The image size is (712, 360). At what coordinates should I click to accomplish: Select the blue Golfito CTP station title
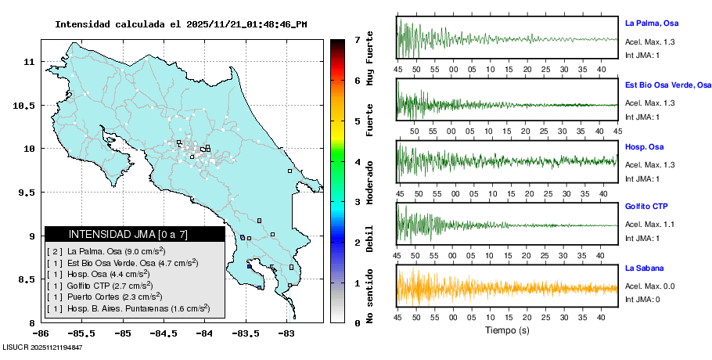645,207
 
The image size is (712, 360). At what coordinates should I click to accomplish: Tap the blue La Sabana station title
643,268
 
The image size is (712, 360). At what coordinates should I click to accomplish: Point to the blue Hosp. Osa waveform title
643,146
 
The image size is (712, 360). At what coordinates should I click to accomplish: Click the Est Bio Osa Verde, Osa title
667,85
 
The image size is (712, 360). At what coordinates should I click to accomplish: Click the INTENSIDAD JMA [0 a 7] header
134,234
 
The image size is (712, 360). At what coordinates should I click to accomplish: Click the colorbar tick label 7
357,39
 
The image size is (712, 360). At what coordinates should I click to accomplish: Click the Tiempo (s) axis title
507,331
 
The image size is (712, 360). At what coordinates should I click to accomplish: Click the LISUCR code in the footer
43,347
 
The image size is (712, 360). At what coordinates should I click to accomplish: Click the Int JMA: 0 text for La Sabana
642,300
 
